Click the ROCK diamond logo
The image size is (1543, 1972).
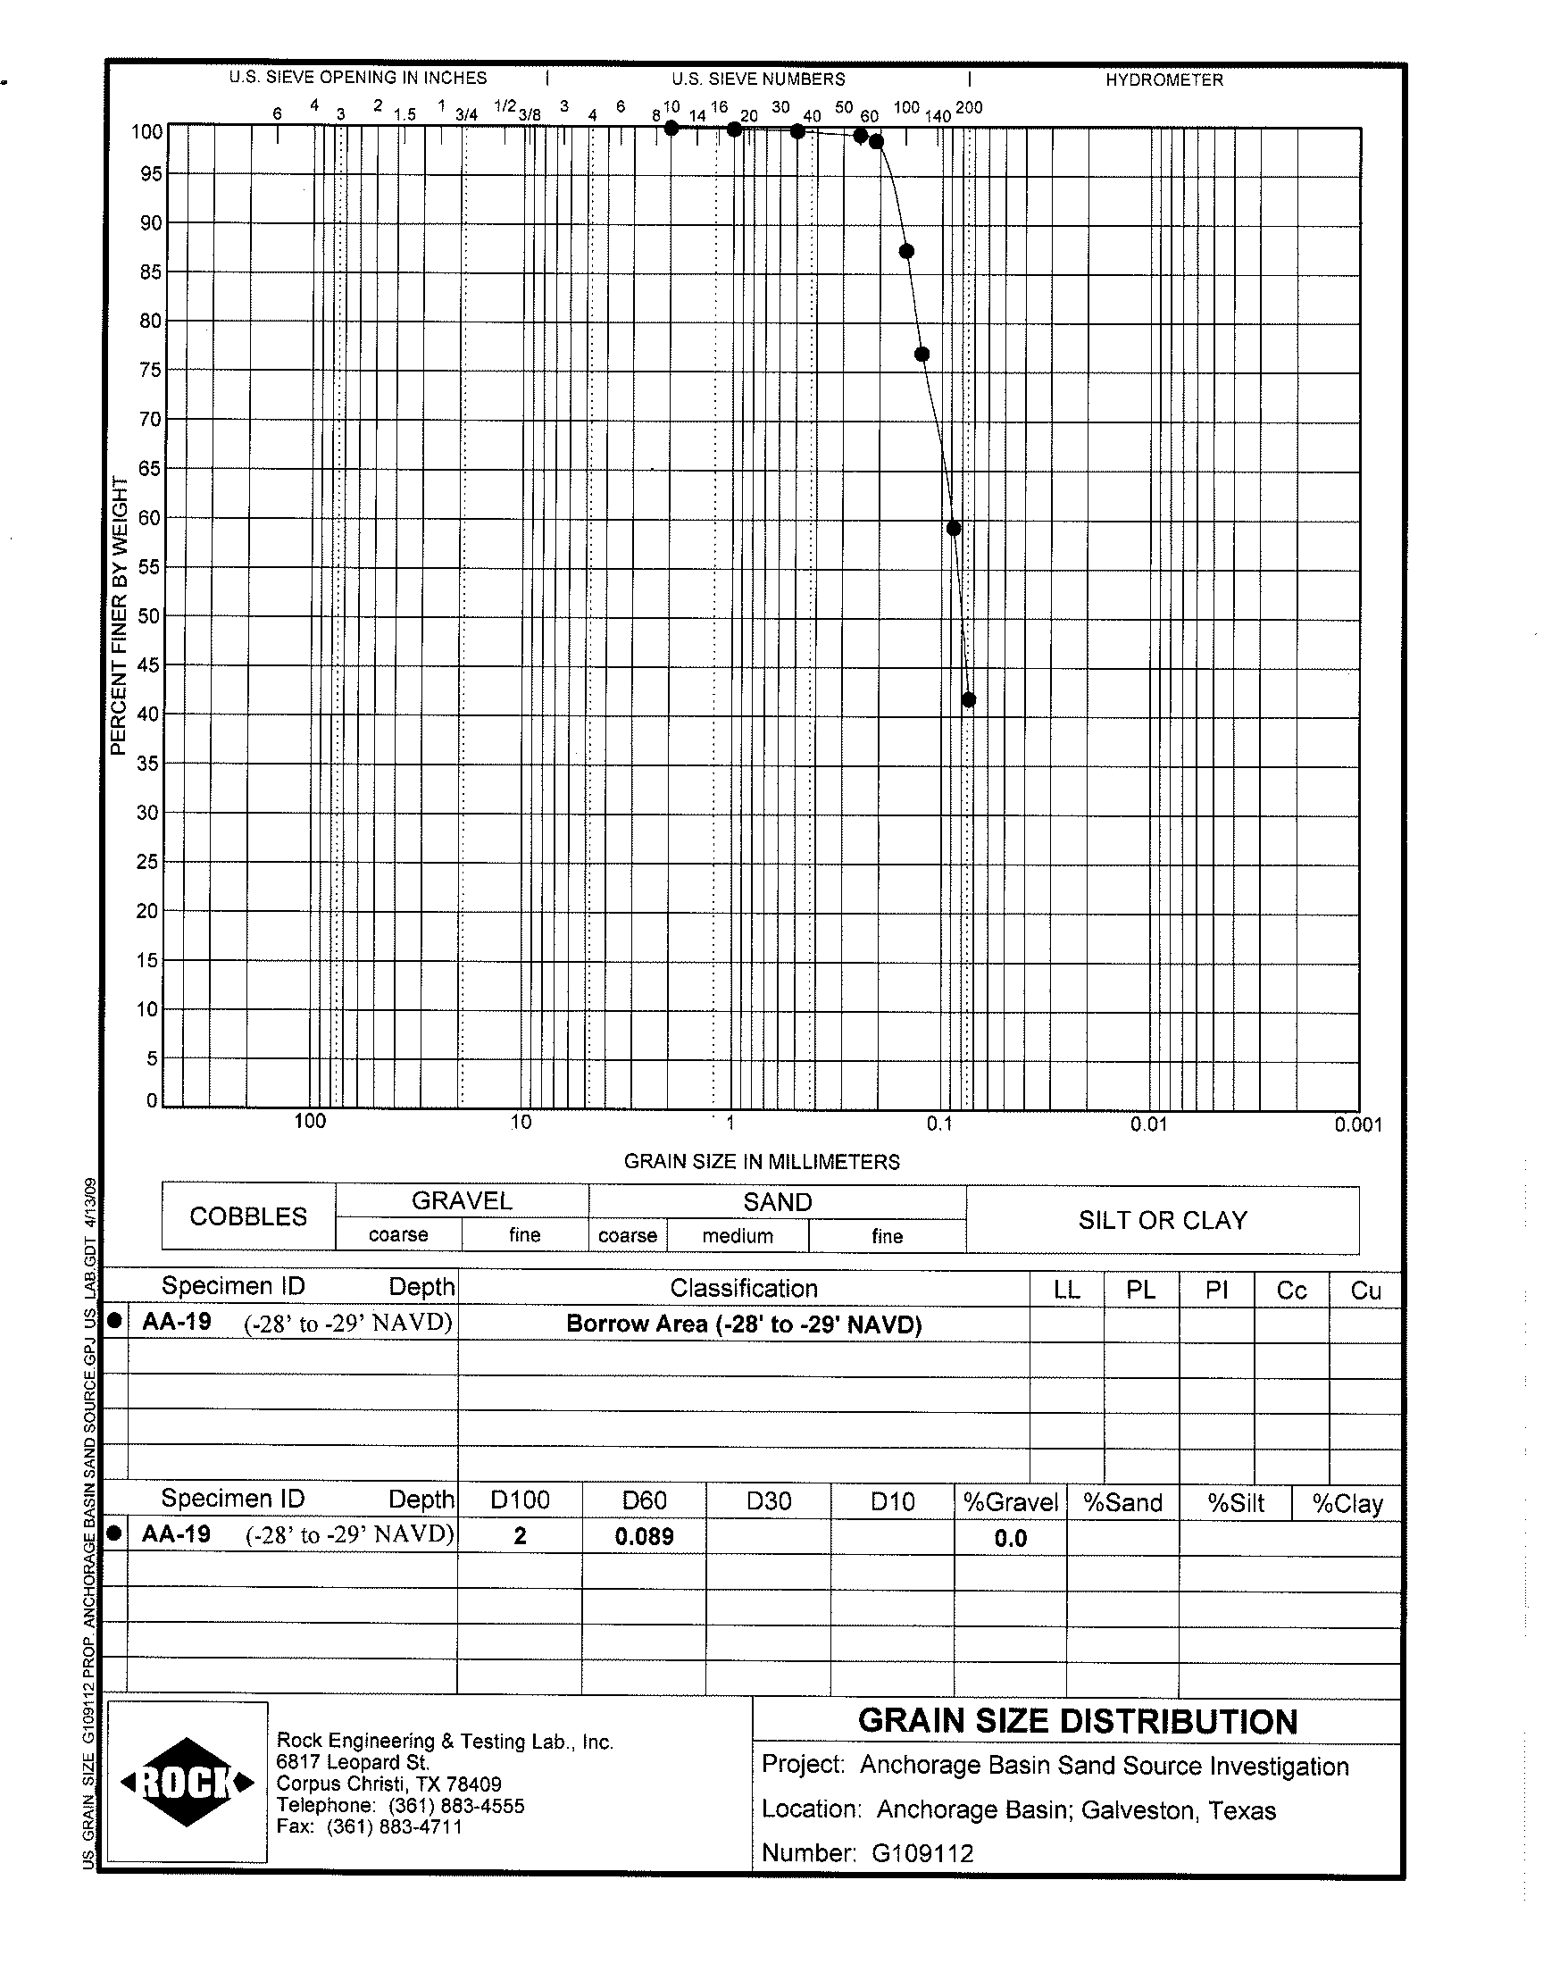pyautogui.click(x=187, y=1782)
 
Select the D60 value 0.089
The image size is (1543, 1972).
pyautogui.click(x=644, y=1536)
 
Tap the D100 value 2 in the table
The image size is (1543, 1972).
pyautogui.click(x=520, y=1536)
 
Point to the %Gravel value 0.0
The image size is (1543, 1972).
pyautogui.click(x=1010, y=1539)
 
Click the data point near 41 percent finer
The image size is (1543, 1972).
pyautogui.click(x=969, y=699)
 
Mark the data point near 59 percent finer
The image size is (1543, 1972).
pyautogui.click(x=953, y=529)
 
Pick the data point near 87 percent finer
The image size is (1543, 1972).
pyautogui.click(x=906, y=251)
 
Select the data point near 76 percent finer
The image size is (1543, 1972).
pyautogui.click(x=922, y=354)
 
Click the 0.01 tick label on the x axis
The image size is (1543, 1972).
pyautogui.click(x=1148, y=1124)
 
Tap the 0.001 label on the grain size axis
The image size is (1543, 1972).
pyautogui.click(x=1358, y=1124)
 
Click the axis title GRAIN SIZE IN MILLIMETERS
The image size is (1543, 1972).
pyautogui.click(x=762, y=1162)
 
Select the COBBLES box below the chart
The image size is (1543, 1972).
pyautogui.click(x=248, y=1216)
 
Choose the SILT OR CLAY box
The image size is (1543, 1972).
pyautogui.click(x=1162, y=1220)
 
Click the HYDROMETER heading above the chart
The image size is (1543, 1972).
pyautogui.click(x=1164, y=79)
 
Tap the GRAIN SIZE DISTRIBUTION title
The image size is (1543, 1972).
pyautogui.click(x=1077, y=1722)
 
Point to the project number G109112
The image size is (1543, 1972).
pyautogui.click(x=922, y=1853)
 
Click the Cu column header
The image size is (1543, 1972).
pyautogui.click(x=1365, y=1290)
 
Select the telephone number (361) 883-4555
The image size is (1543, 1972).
pyautogui.click(x=456, y=1805)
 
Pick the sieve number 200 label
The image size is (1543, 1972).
pyautogui.click(x=969, y=107)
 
